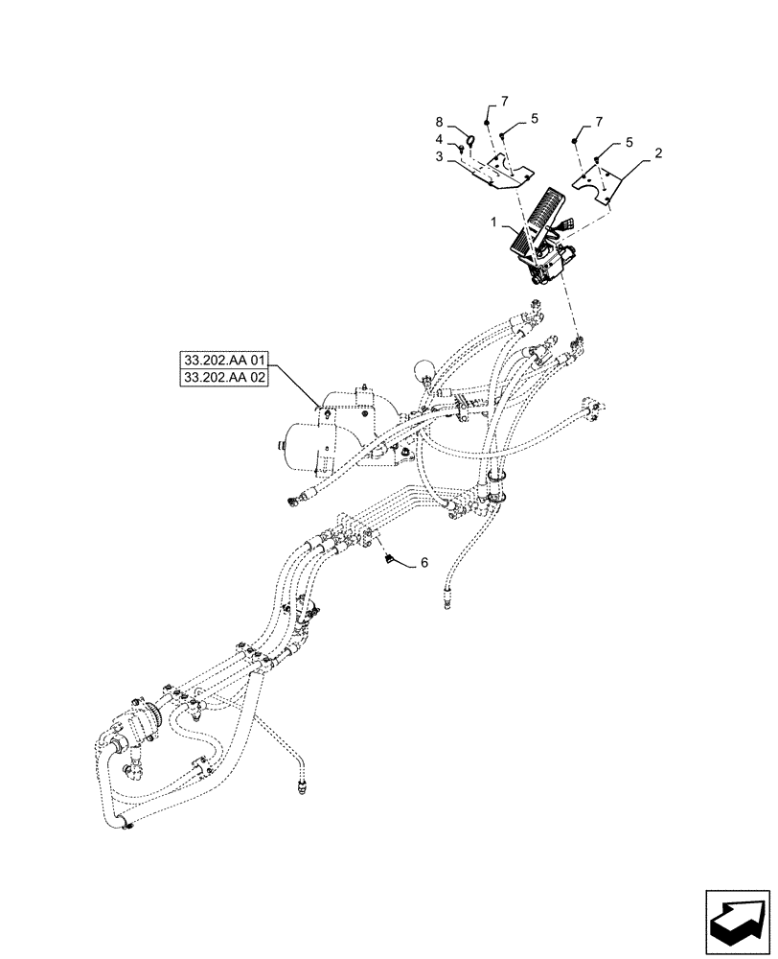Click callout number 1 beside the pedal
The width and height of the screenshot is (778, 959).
click(494, 222)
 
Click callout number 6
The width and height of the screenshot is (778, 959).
click(423, 564)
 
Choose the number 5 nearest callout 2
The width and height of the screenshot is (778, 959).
click(629, 141)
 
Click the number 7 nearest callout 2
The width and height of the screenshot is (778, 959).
click(599, 123)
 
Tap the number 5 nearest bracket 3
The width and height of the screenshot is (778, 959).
click(534, 117)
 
